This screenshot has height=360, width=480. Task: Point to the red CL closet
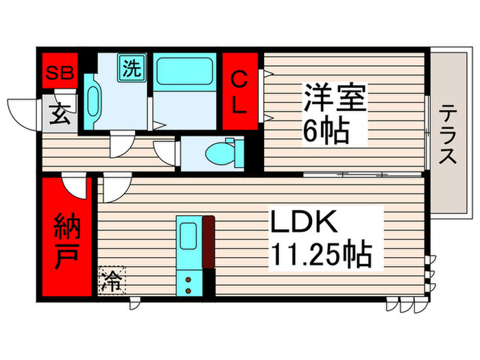pos(239,91)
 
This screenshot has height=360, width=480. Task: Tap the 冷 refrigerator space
pos(110,280)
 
